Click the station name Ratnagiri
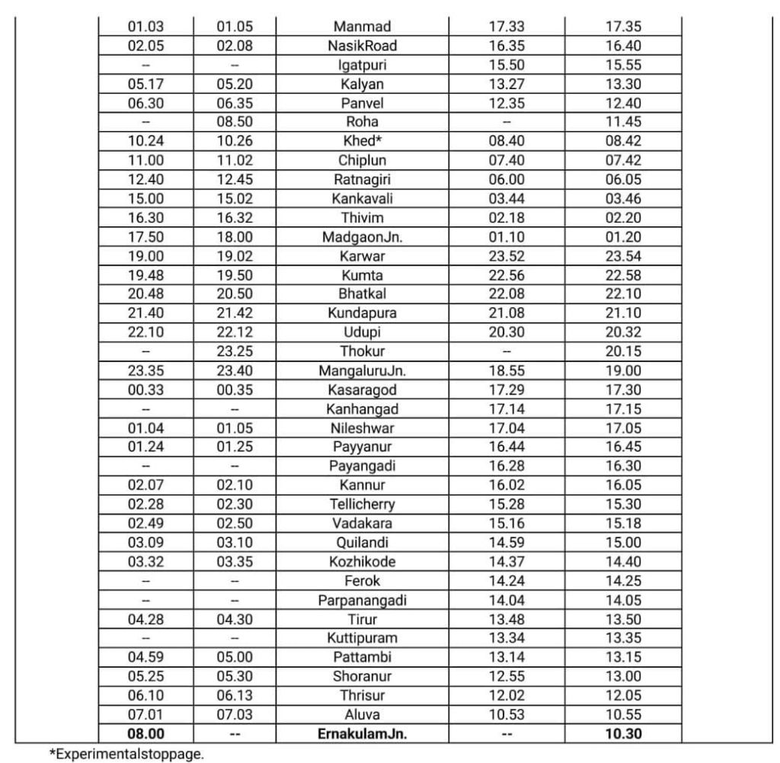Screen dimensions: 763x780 click(362, 180)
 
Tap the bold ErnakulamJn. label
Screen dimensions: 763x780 click(362, 734)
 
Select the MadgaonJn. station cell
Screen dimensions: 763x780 click(362, 237)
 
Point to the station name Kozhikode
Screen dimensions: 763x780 click(362, 562)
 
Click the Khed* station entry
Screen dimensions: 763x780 click(362, 142)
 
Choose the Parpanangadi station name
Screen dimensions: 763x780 click(362, 600)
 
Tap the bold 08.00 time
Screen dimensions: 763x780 click(145, 734)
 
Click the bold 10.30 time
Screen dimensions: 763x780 click(623, 734)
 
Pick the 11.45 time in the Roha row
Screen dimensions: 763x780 click(623, 122)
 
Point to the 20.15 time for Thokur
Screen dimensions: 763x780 click(623, 351)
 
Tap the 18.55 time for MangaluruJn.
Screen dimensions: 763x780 click(507, 371)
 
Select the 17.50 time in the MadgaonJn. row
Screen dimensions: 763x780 click(145, 237)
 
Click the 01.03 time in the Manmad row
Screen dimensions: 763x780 click(145, 27)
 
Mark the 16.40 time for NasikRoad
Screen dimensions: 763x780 click(623, 46)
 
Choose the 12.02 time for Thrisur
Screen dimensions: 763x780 click(507, 695)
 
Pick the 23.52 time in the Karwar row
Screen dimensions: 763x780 click(507, 256)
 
